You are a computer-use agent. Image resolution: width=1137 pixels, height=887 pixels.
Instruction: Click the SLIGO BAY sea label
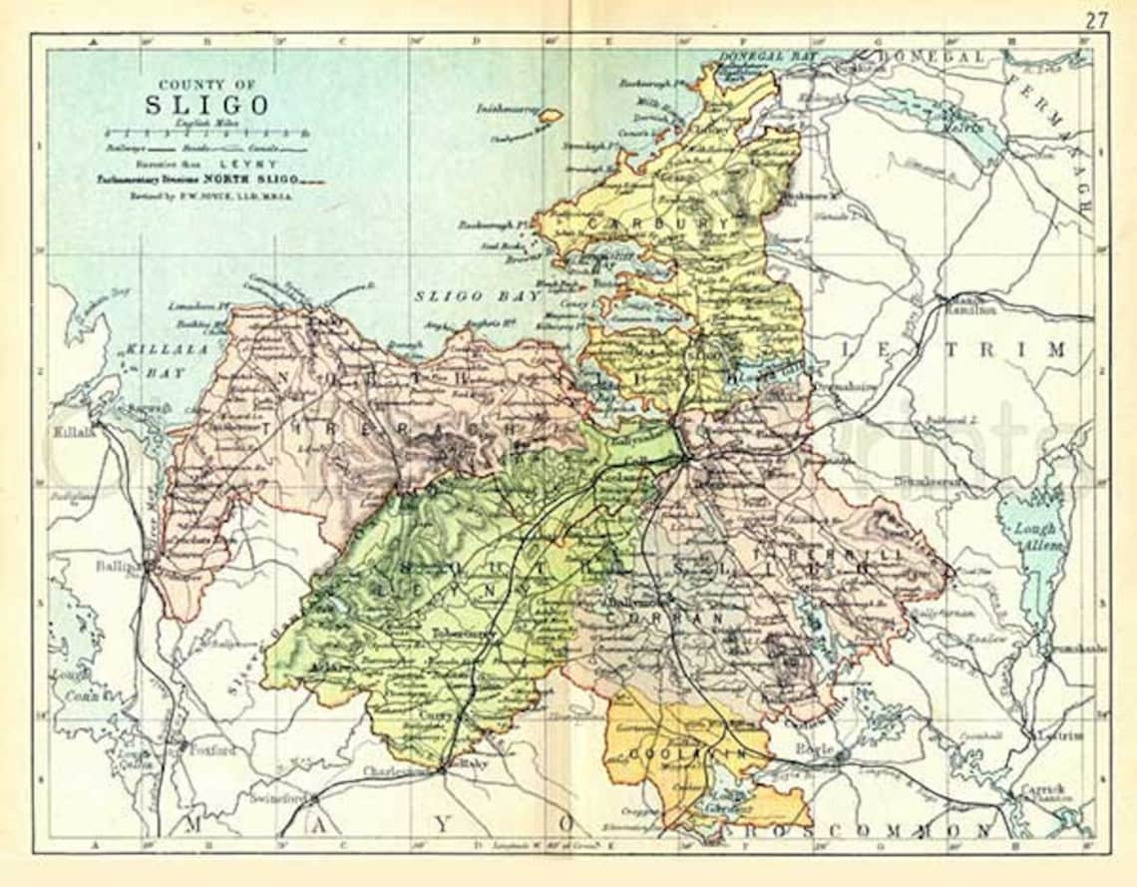point(464,296)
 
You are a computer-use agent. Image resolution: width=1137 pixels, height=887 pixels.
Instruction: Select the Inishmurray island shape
point(550,115)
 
